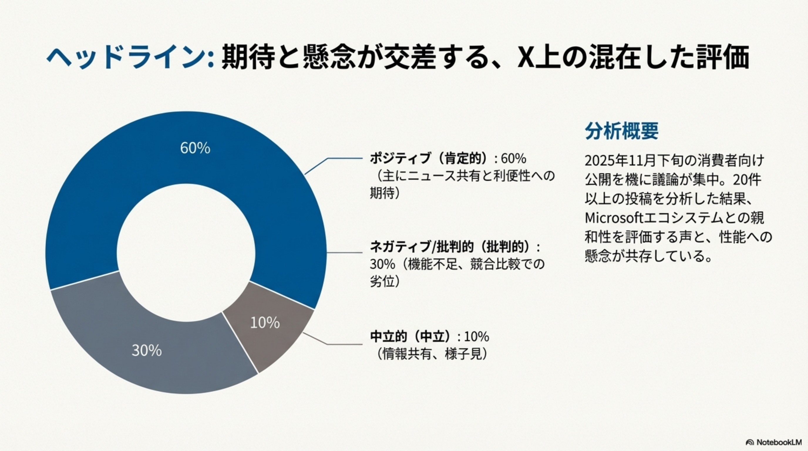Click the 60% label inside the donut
click(195, 148)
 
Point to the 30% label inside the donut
click(147, 350)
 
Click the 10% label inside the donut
click(265, 323)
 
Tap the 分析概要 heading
click(622, 131)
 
